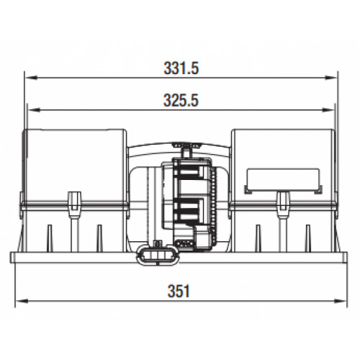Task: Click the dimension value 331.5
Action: [x=181, y=68]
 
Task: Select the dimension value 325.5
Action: [x=181, y=100]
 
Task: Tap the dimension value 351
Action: [x=179, y=291]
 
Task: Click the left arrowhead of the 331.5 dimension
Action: [x=31, y=78]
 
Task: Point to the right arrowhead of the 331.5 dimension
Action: [x=330, y=78]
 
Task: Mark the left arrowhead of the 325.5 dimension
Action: [x=34, y=110]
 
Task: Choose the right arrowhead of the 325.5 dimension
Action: [x=328, y=110]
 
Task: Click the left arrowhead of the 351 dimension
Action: [x=22, y=301]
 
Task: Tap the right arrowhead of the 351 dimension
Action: [x=341, y=301]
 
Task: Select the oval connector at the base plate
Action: [x=158, y=255]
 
